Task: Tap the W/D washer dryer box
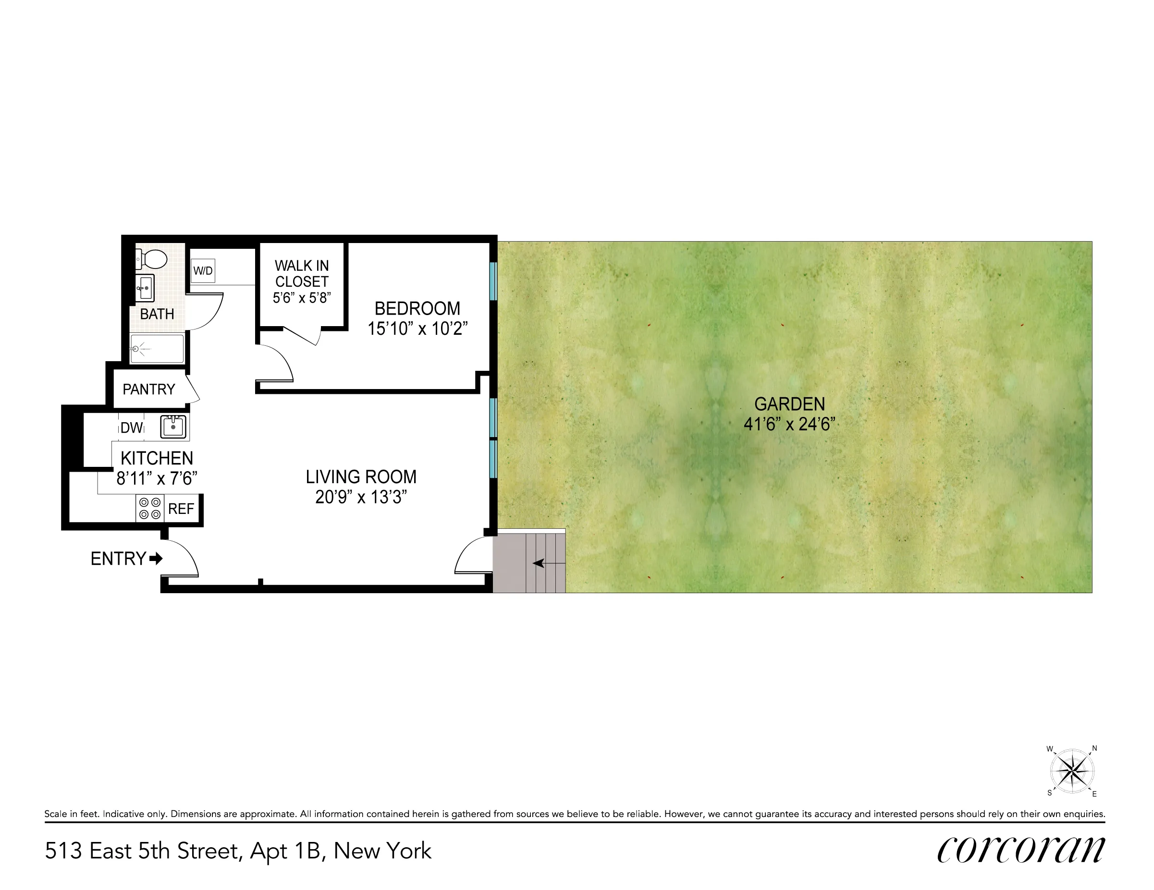coord(203,271)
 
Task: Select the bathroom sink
coord(145,288)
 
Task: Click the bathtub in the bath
coord(157,349)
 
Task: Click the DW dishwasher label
coord(132,428)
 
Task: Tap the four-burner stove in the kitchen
coord(149,508)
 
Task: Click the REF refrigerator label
coord(181,509)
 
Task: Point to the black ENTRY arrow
coord(156,558)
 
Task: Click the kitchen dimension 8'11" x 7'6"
coord(157,478)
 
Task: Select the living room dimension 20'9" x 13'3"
coord(361,497)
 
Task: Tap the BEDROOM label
coord(417,308)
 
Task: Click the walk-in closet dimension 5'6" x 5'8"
coord(302,298)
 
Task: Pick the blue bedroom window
coord(492,281)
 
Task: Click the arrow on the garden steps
coord(539,563)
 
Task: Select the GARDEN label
coord(789,404)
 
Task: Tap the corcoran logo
coord(1020,851)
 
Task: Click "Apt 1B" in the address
coord(285,851)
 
